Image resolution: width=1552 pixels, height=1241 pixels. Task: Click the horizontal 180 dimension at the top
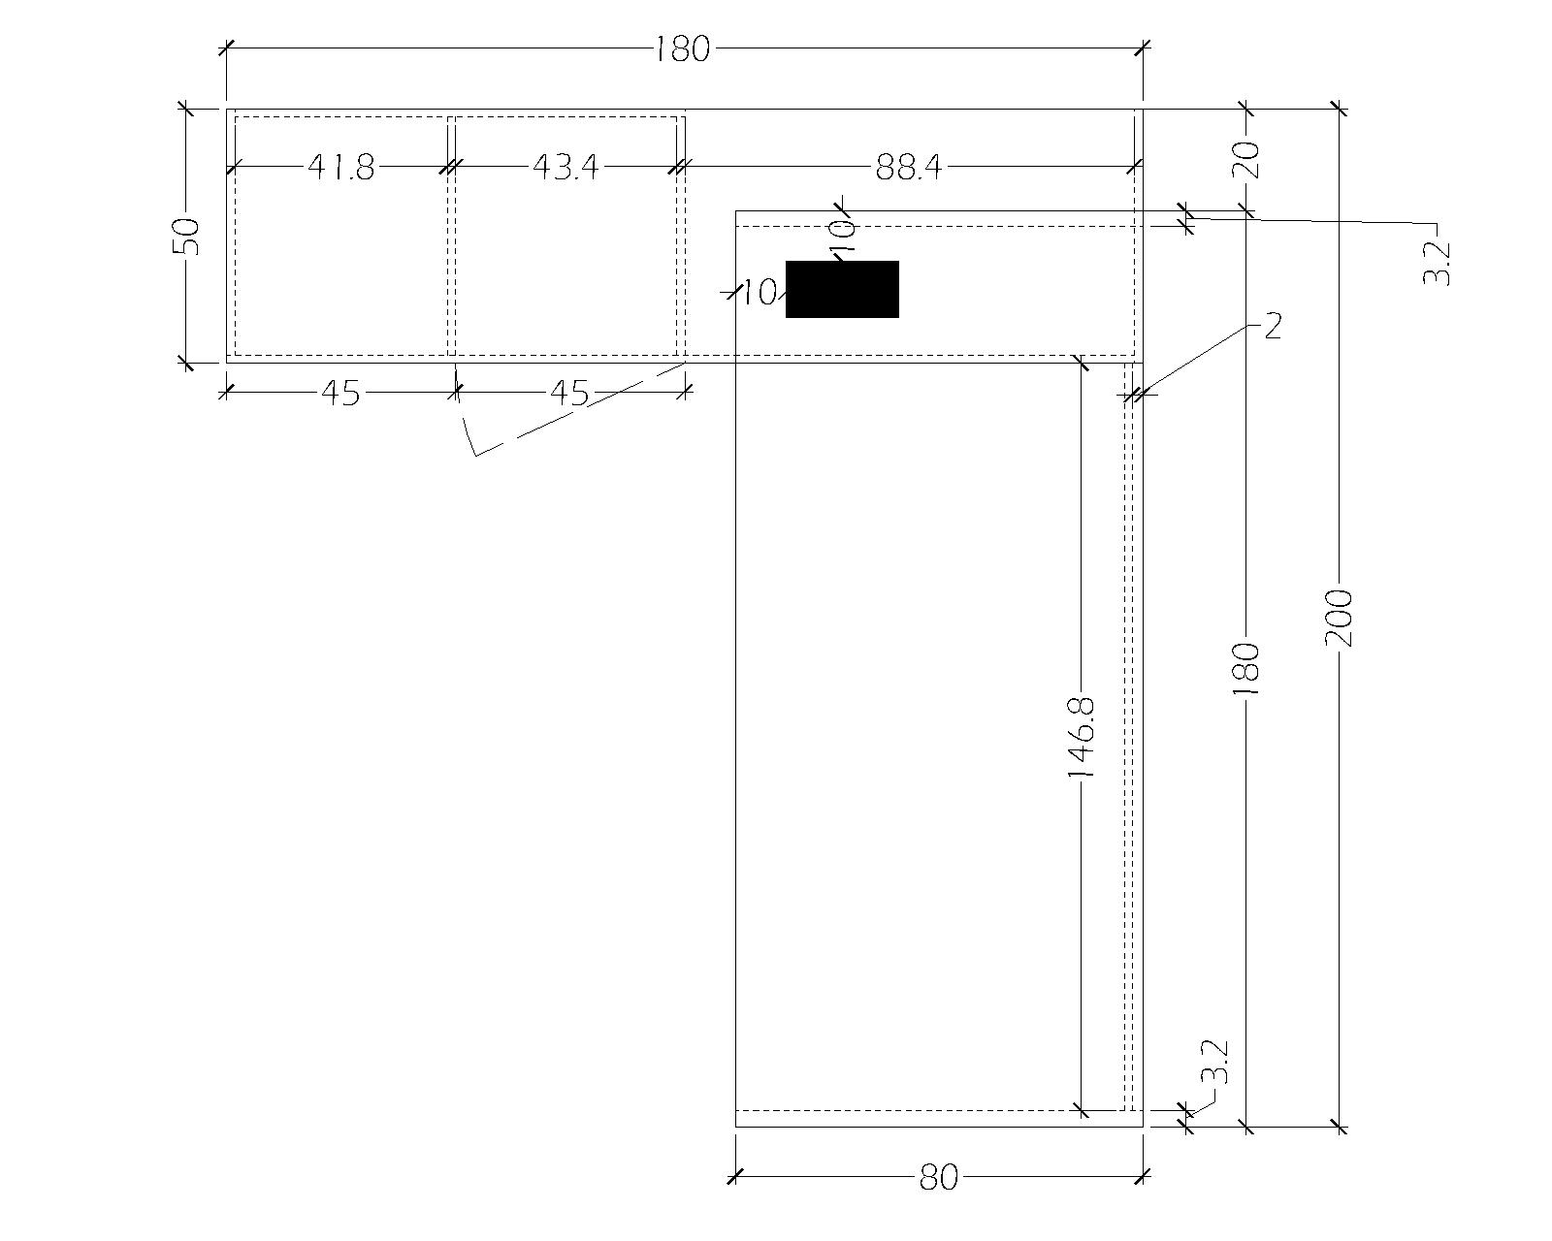(682, 49)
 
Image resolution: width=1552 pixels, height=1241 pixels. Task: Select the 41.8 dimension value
(341, 168)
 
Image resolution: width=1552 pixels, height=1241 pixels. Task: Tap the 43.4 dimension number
(566, 168)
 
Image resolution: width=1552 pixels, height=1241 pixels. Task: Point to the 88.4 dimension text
(909, 168)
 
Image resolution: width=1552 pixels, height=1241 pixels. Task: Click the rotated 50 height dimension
(186, 236)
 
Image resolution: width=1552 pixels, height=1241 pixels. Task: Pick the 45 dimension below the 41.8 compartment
(340, 394)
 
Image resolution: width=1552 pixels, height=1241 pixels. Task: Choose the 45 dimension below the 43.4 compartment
(569, 394)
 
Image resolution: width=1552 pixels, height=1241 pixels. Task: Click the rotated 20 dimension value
(1247, 159)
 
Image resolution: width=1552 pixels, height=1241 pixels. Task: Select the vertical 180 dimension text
(1247, 669)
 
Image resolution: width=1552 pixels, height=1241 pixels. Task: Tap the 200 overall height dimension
(1340, 618)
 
